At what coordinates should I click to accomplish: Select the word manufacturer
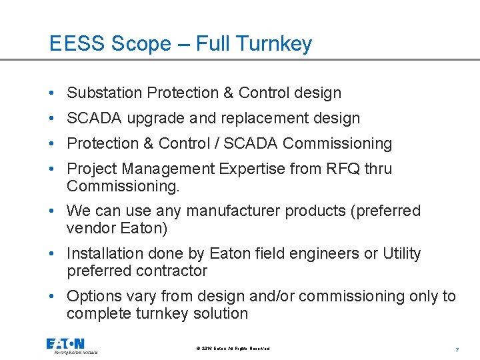tap(242, 211)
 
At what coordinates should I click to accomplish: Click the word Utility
tap(401, 254)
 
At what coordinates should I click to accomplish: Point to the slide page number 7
tap(457, 349)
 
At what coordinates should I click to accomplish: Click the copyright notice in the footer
tap(233, 349)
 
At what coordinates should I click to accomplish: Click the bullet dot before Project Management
tap(53, 169)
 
